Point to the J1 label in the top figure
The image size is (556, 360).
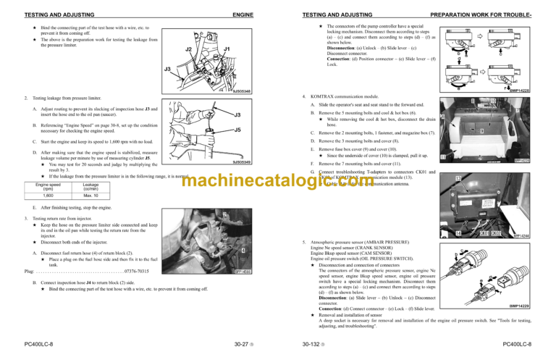227,49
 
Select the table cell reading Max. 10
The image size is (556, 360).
91,196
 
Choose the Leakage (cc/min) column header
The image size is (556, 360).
91,186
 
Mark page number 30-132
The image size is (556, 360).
306,345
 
